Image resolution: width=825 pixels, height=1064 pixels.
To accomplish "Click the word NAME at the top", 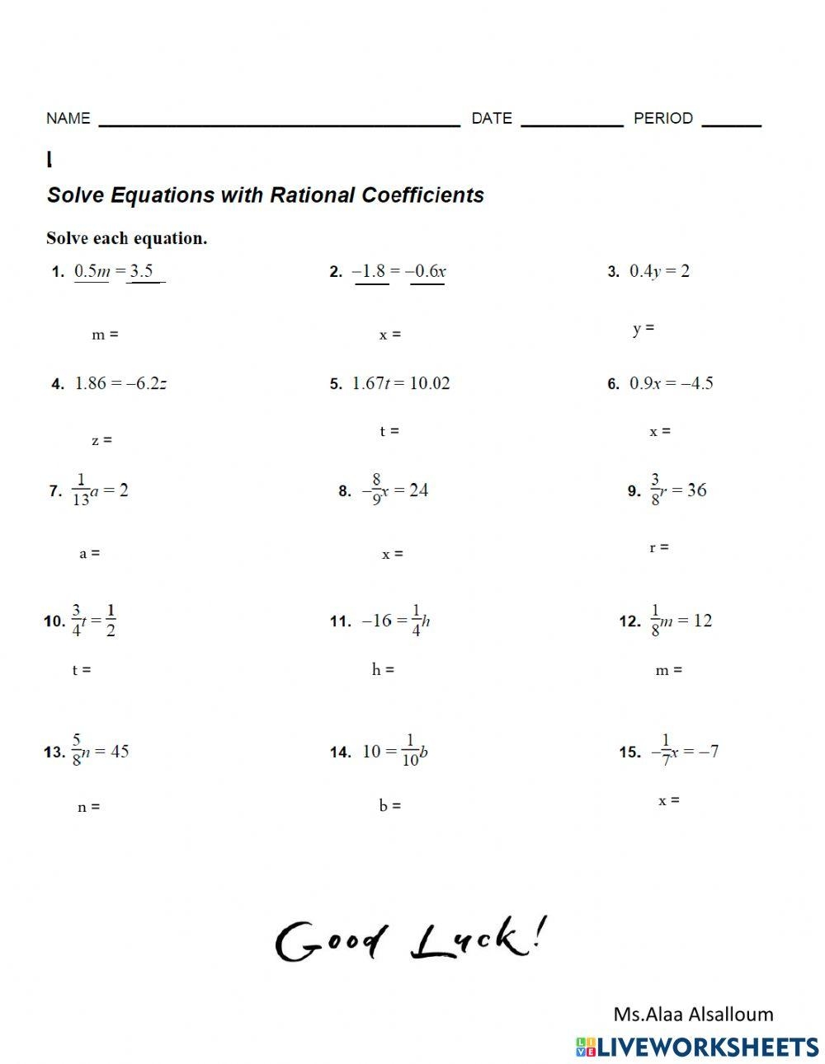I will pyautogui.click(x=68, y=118).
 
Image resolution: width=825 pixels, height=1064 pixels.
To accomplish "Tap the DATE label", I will pyautogui.click(x=492, y=118).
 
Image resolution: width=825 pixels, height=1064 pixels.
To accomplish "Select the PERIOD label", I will pyautogui.click(x=662, y=118).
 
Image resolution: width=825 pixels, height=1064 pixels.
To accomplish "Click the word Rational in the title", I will pyautogui.click(x=312, y=195).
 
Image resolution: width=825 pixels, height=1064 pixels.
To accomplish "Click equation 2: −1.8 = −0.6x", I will pyautogui.click(x=399, y=271).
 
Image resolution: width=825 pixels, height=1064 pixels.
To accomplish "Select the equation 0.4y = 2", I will pyautogui.click(x=659, y=271).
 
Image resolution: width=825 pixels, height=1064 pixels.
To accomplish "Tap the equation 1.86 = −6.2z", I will pyautogui.click(x=120, y=383).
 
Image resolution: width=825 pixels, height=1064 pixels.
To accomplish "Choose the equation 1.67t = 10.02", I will pyautogui.click(x=401, y=383).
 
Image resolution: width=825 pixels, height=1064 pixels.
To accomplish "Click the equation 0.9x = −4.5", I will pyautogui.click(x=672, y=383).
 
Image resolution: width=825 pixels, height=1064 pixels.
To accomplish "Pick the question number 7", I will pyautogui.click(x=55, y=491).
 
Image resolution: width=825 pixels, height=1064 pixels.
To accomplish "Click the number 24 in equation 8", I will pyautogui.click(x=418, y=490).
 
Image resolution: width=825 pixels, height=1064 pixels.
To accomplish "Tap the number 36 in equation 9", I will pyautogui.click(x=696, y=490).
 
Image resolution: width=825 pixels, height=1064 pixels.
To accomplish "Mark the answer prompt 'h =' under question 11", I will pyautogui.click(x=383, y=669).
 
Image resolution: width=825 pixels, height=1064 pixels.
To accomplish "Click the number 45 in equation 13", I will pyautogui.click(x=119, y=751).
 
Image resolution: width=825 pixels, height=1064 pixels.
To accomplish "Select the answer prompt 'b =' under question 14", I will pyautogui.click(x=390, y=805).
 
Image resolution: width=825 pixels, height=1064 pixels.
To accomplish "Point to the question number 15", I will pyautogui.click(x=630, y=752).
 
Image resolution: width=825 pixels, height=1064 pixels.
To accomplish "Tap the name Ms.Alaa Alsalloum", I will pyautogui.click(x=693, y=1014).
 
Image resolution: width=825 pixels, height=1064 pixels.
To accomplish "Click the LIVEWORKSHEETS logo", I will pyautogui.click(x=697, y=1047).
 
